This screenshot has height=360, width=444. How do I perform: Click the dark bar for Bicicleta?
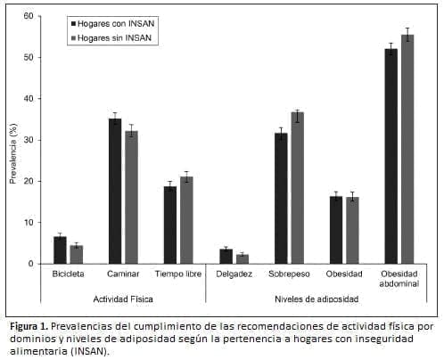point(61,250)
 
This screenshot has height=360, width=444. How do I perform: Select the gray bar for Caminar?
point(130,197)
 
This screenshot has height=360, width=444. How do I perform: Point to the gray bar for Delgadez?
point(243,259)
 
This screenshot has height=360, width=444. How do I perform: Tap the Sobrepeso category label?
point(289,274)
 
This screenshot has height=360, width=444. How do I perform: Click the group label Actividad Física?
point(123,299)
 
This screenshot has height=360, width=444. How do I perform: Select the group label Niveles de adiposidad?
point(317,299)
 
